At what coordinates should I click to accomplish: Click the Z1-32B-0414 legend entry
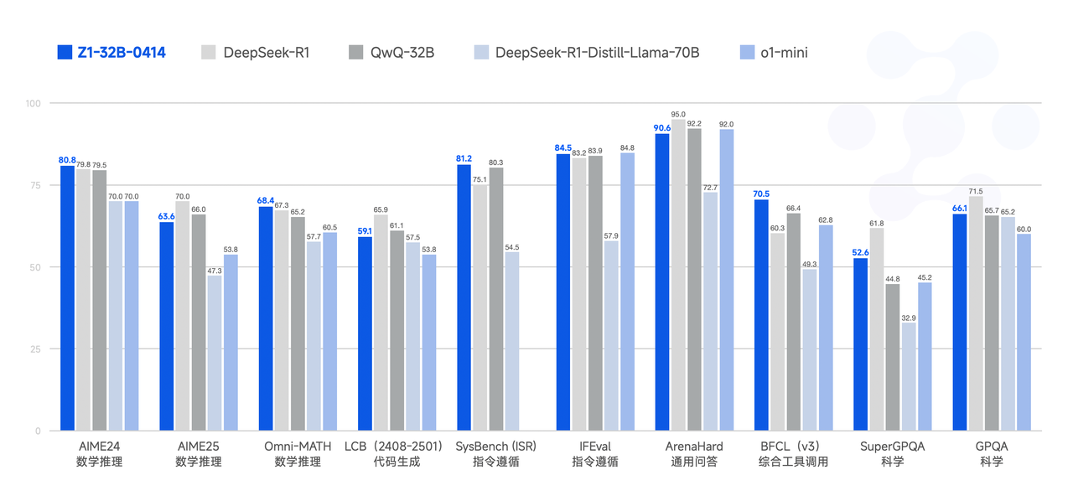point(111,53)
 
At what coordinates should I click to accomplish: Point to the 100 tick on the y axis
point(33,103)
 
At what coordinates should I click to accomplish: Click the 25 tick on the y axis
point(35,349)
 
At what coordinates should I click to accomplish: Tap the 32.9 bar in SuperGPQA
point(908,376)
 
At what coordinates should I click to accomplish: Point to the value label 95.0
point(678,114)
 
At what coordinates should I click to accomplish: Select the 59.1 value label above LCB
point(365,231)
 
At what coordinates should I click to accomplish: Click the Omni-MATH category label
point(298,447)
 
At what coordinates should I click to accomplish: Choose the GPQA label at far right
point(991,447)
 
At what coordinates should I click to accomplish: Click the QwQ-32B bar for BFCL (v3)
point(793,322)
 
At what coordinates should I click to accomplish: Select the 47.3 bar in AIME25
point(215,353)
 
